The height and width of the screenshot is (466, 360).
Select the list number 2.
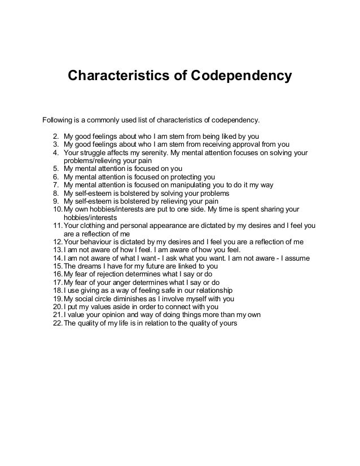click(55, 136)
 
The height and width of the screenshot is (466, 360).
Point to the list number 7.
click(55, 184)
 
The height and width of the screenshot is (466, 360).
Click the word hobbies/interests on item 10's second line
click(90, 217)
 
